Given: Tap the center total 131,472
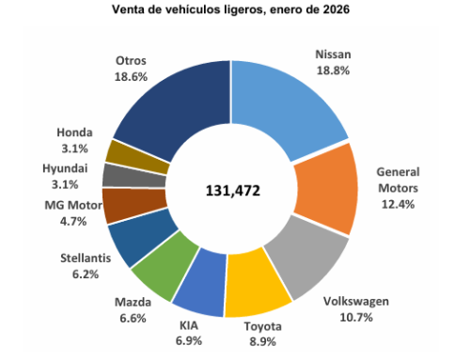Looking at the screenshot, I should click(x=232, y=190).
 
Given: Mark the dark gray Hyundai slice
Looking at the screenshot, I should click(x=120, y=175).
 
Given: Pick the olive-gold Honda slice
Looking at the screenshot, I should click(x=125, y=152).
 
